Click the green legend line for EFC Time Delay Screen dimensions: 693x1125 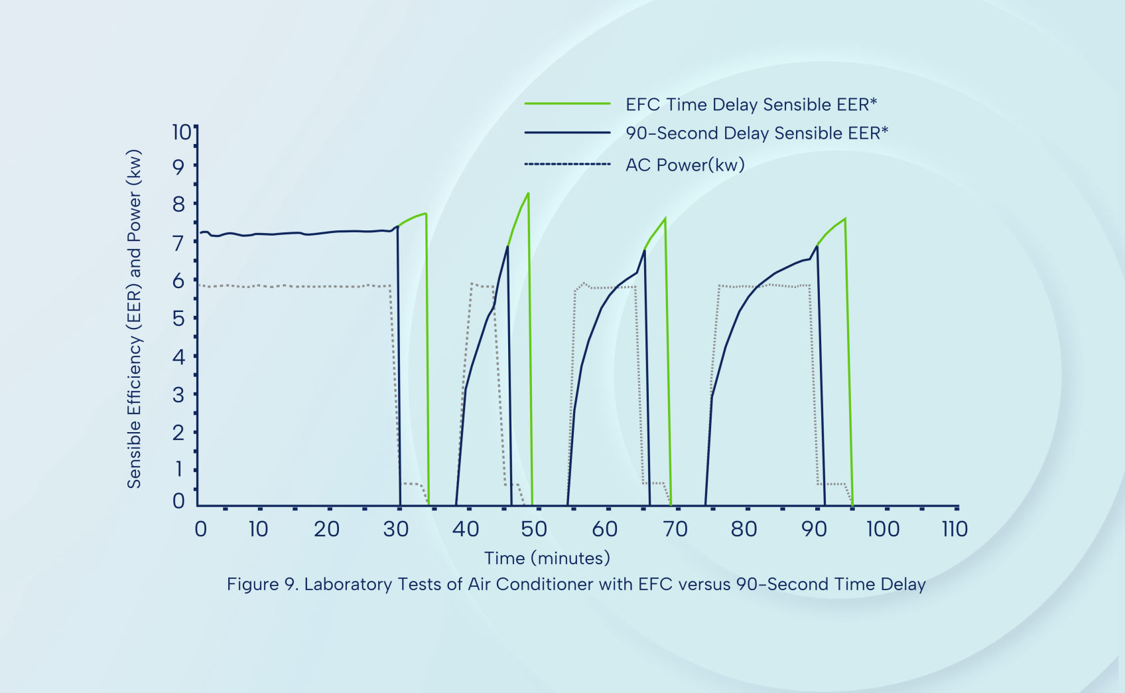[x=567, y=104]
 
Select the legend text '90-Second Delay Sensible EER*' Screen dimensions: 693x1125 [x=757, y=133]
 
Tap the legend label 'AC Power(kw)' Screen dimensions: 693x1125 [x=685, y=165]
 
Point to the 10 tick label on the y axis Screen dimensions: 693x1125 [x=180, y=132]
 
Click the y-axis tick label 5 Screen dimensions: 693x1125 [x=178, y=318]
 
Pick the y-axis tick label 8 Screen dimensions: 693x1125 [x=178, y=204]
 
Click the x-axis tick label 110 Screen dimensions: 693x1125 [x=955, y=529]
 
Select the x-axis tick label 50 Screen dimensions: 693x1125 [x=534, y=529]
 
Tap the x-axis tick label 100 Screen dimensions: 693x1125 [x=883, y=529]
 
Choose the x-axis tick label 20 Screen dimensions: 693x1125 [x=326, y=529]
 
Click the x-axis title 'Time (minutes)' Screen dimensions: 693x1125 [x=547, y=558]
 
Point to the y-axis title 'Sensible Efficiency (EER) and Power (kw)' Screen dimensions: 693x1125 [x=135, y=319]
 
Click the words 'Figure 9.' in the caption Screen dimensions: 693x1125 [x=262, y=584]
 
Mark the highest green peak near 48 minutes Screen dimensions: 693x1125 [x=528, y=193]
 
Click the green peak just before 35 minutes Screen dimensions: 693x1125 [x=425, y=214]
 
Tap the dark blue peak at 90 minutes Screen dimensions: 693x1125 [x=817, y=246]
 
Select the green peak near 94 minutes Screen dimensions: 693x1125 [x=844, y=218]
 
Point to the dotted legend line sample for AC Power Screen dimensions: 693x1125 [x=567, y=164]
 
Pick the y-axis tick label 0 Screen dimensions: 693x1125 [x=178, y=501]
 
